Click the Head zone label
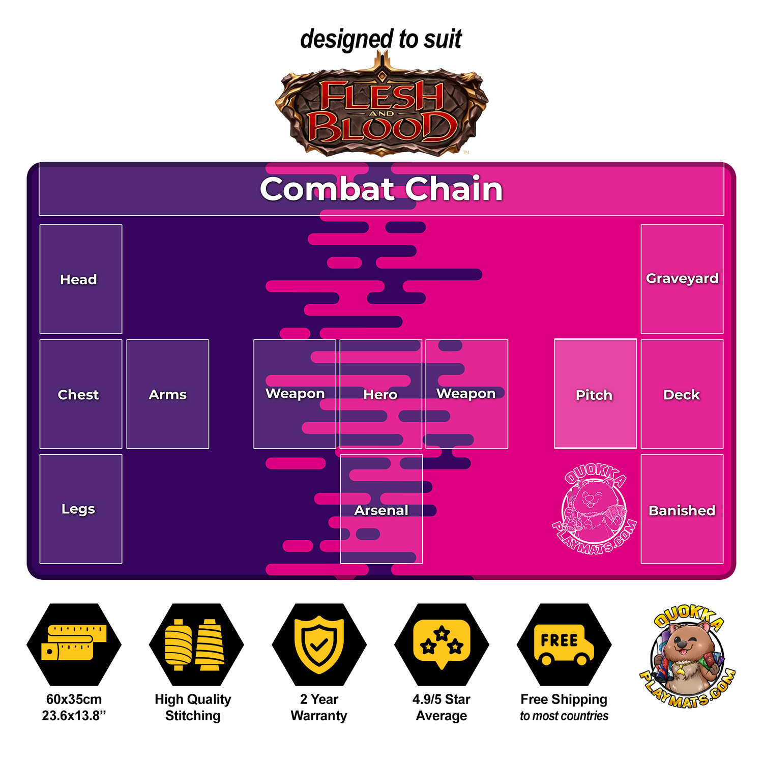tap(78, 279)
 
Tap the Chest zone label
tap(78, 395)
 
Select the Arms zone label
tap(168, 395)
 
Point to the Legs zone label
tap(78, 509)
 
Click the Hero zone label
tap(380, 395)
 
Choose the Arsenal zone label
tap(382, 510)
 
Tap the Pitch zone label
tap(594, 395)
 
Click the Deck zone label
tap(682, 395)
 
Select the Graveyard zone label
tap(682, 278)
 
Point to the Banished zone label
tap(682, 510)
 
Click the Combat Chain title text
tap(382, 189)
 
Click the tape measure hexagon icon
tap(74, 644)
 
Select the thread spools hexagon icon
tap(196, 644)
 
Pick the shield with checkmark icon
tap(319, 644)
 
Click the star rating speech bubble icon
tap(442, 644)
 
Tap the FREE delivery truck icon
tap(564, 644)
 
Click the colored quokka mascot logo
tap(687, 656)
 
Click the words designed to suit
tap(381, 39)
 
